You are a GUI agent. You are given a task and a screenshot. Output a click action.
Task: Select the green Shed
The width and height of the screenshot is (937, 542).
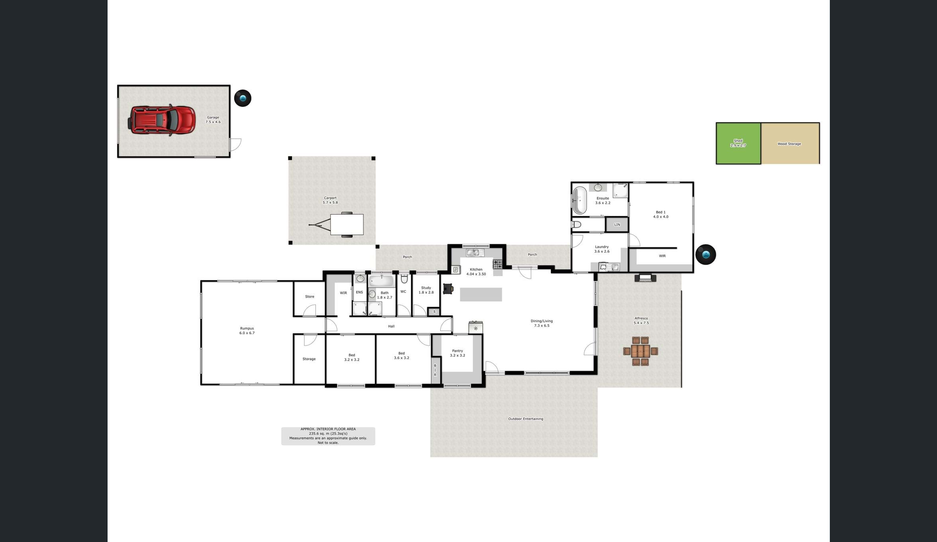point(738,143)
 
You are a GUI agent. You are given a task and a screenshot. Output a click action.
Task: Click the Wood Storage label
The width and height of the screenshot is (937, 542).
point(789,144)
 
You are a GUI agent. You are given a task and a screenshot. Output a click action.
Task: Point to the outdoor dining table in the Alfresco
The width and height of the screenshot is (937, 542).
point(641,351)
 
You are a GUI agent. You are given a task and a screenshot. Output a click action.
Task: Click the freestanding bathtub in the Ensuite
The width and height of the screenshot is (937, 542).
point(580,200)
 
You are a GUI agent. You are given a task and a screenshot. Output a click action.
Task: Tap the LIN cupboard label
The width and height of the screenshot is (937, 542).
point(617,225)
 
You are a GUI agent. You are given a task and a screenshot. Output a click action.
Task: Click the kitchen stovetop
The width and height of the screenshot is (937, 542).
point(498,264)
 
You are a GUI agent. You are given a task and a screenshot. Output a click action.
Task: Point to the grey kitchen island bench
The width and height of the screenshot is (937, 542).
point(481,295)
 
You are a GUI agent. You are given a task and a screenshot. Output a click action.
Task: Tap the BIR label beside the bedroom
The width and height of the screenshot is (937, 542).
point(435,370)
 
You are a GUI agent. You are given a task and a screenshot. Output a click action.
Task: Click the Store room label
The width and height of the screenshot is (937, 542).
point(310,297)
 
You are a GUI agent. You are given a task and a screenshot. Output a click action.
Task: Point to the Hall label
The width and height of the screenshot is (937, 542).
point(391,326)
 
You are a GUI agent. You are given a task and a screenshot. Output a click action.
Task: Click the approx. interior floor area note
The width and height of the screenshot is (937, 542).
point(328,436)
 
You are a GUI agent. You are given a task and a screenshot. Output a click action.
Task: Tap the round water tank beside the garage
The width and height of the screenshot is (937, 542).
point(243,98)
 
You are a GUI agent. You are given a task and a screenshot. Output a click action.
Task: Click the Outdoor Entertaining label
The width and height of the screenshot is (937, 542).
point(525,419)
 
